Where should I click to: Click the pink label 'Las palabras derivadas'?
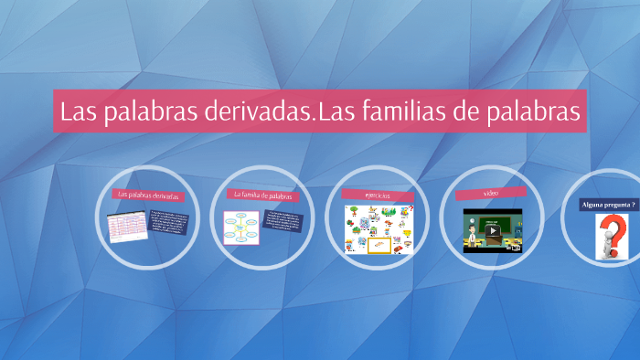146,196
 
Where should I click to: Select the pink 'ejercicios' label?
378,195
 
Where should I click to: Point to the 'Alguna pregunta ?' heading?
608,205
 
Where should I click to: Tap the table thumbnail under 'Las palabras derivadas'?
127,226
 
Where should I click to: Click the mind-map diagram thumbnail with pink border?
242,228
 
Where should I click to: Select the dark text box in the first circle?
169,223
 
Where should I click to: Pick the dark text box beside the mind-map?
283,221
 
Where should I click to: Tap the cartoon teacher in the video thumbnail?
474,237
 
